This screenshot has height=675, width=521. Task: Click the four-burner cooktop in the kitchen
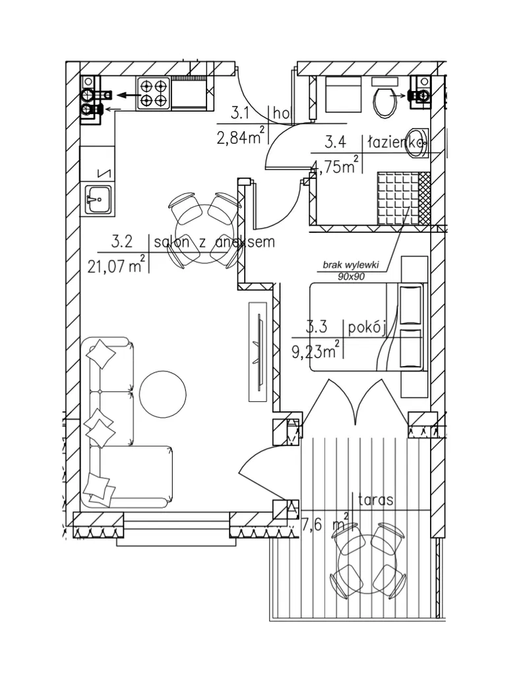pos(154,93)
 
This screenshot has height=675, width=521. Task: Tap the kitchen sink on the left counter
pos(96,197)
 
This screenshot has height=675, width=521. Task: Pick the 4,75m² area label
pos(335,166)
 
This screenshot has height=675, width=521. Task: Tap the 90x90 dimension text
pos(352,276)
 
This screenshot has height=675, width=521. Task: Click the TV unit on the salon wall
pos(259,350)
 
